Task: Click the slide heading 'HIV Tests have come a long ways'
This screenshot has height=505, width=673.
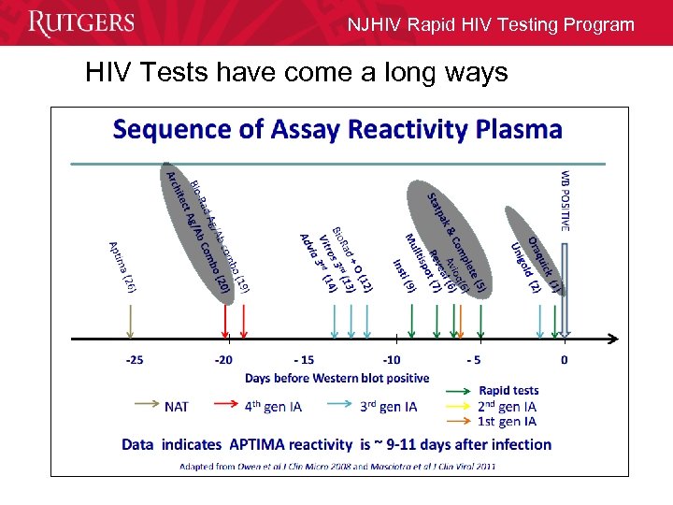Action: (x=296, y=72)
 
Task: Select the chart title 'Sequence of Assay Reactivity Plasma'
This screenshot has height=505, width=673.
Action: (x=337, y=129)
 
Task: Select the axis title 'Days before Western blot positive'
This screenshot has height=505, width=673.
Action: (x=337, y=378)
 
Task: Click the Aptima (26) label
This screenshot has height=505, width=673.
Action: (x=123, y=267)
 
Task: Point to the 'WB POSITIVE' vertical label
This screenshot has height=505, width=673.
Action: (x=565, y=200)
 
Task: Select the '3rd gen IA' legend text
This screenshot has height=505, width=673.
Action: (x=389, y=407)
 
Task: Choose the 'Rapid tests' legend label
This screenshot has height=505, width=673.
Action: (x=508, y=390)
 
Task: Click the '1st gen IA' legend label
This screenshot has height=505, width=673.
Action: (x=507, y=422)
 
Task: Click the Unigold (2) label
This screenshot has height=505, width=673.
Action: (x=524, y=266)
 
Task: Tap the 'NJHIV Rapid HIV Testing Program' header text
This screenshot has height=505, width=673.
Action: (x=491, y=24)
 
